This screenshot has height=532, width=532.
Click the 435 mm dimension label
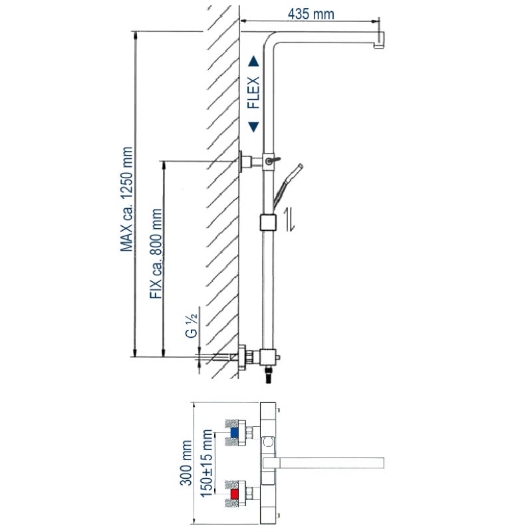(x=311, y=14)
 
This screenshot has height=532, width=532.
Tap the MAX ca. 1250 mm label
(x=126, y=199)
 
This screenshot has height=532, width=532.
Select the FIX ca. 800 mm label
(x=156, y=253)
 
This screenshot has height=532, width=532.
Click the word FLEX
(x=253, y=92)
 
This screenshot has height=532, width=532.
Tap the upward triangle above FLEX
(x=253, y=61)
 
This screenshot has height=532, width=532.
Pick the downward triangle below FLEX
(x=253, y=127)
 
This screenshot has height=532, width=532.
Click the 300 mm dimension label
(x=186, y=463)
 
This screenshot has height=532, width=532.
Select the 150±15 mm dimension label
(x=207, y=464)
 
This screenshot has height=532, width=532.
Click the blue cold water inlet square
(x=234, y=433)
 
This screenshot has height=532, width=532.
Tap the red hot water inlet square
(x=235, y=493)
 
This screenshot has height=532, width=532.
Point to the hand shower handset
(x=288, y=186)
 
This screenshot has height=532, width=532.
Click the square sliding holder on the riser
(x=268, y=223)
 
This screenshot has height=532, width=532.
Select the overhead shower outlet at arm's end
(x=379, y=41)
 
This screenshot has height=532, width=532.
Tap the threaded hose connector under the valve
(x=269, y=374)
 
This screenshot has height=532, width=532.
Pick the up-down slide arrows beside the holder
(x=289, y=220)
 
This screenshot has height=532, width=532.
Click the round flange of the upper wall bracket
(x=241, y=162)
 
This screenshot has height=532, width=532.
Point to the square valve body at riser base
(x=268, y=357)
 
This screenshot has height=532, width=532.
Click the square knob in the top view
(x=269, y=442)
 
